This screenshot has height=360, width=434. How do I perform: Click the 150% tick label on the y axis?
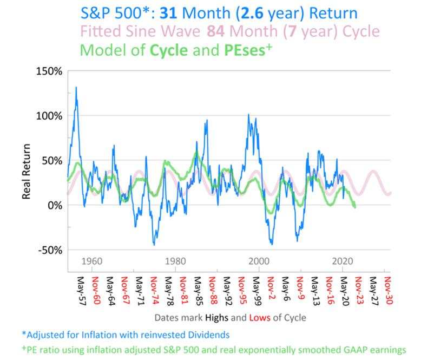coord(49,71)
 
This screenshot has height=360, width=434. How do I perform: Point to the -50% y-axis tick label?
coord(49,250)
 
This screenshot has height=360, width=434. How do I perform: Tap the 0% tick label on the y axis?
coord(54,205)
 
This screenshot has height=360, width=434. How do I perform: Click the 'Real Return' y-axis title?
coord(26,171)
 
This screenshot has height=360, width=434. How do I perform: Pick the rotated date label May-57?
coord(81,291)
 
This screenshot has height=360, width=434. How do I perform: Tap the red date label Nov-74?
coord(154,291)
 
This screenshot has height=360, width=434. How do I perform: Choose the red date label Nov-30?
coord(388,291)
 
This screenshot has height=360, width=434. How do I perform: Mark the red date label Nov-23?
coord(358,291)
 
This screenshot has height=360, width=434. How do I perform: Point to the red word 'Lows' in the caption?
coord(260,317)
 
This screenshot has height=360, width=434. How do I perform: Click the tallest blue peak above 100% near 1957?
coord(76,88)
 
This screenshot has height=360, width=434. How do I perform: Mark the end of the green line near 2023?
coord(354,207)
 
